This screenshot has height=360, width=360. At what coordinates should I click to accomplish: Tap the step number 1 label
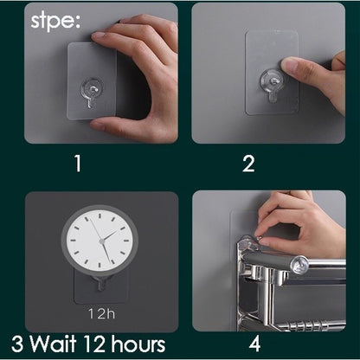(78, 164)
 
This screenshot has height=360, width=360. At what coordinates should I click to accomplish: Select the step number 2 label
(248, 164)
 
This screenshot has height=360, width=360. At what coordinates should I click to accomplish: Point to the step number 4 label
(255, 344)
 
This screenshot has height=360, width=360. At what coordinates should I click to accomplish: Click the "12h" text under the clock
(101, 313)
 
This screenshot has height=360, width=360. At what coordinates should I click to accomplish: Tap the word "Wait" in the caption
(54, 344)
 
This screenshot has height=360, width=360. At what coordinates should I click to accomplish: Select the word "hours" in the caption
(138, 344)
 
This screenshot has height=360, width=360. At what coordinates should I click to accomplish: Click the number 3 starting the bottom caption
(17, 344)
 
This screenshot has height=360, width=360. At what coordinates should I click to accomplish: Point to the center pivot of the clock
(101, 241)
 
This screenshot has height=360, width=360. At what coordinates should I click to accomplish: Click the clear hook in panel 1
(92, 92)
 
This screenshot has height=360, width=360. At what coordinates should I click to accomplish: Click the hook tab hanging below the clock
(100, 283)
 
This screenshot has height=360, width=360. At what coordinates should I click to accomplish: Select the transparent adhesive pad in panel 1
(92, 80)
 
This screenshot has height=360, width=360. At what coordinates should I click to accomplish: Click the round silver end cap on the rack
(299, 264)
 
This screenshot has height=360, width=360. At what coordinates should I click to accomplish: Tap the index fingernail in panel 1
(98, 37)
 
